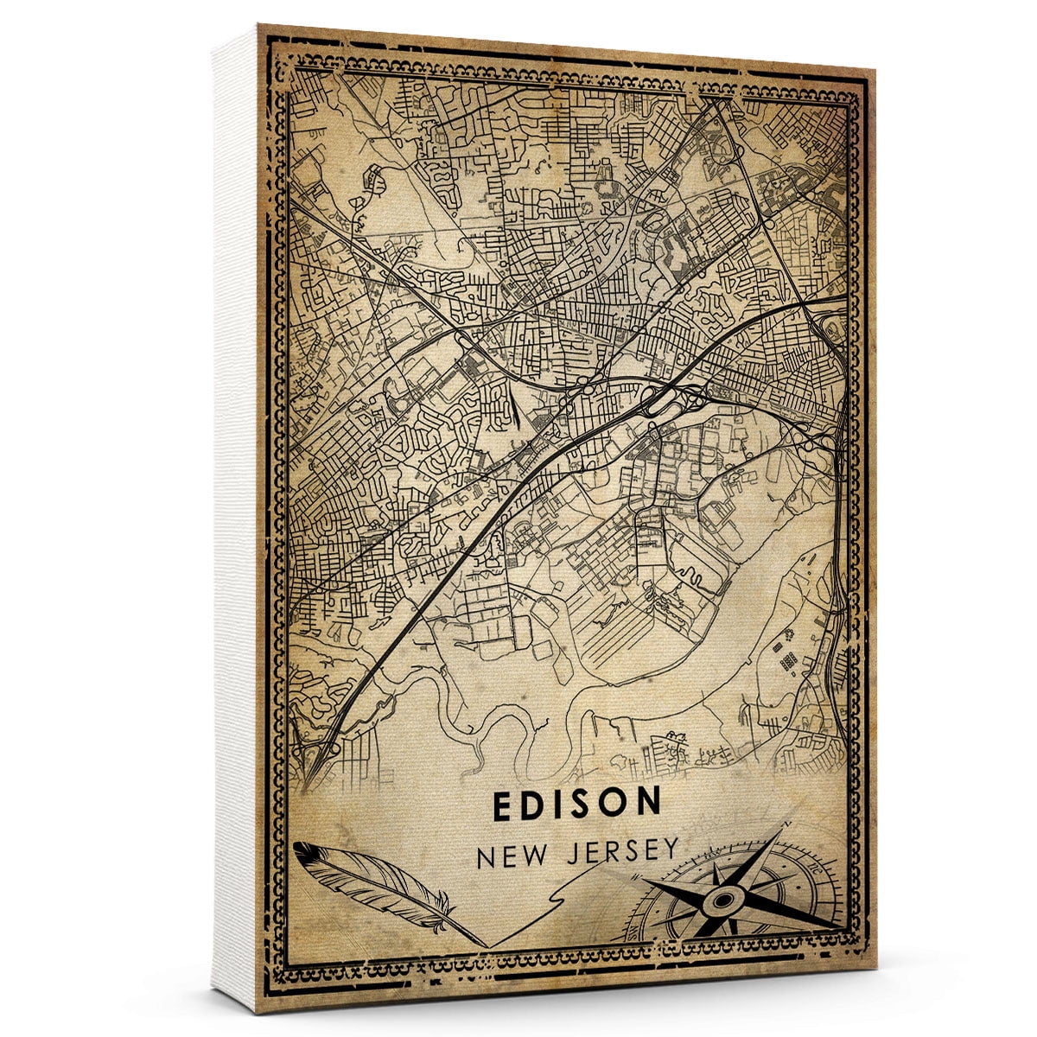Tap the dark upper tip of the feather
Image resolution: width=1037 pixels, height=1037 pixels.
(297, 848)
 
